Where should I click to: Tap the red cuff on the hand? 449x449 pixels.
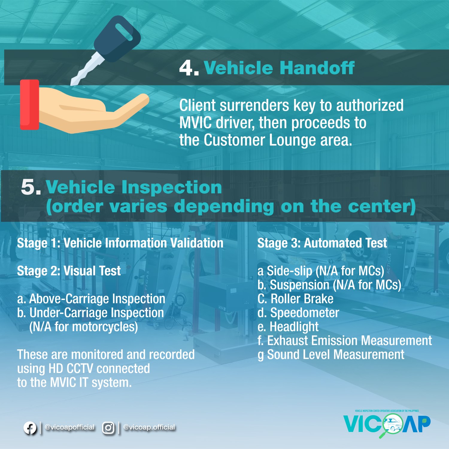[30, 104]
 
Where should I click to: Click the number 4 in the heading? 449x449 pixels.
[186, 68]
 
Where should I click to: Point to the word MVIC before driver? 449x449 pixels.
[195, 123]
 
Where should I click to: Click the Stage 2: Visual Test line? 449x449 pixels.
[69, 271]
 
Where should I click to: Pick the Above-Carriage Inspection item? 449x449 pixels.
[91, 299]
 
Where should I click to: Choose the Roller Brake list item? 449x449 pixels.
[295, 299]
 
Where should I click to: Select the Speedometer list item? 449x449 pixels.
[298, 313]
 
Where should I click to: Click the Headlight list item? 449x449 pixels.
[288, 327]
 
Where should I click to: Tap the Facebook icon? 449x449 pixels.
[30, 428]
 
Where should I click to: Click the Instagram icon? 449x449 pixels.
[108, 428]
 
